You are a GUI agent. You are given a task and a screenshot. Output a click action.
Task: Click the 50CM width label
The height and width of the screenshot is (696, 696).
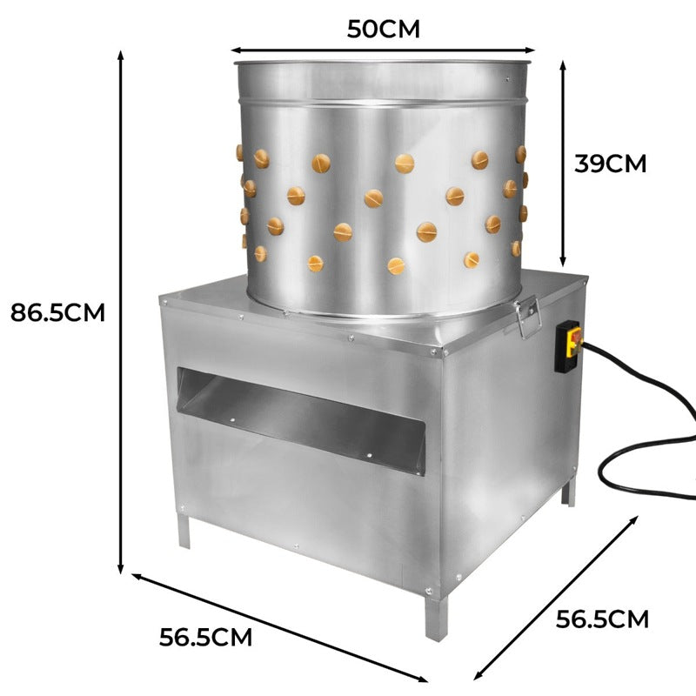coord(383,29)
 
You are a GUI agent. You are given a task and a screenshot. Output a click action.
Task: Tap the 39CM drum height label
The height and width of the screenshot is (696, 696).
coord(610,163)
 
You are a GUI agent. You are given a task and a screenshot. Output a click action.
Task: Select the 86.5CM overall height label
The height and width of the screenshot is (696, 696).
coord(57,311)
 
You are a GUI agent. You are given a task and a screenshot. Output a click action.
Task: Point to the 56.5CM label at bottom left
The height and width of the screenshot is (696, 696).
coord(205,637)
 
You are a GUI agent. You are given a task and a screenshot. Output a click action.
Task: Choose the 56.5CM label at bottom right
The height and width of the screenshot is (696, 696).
coord(602,619)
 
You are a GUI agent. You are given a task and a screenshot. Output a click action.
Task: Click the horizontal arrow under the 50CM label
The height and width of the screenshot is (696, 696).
coord(383,51)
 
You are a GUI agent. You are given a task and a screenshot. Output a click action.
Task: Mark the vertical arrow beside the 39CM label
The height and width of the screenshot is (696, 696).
coord(563,163)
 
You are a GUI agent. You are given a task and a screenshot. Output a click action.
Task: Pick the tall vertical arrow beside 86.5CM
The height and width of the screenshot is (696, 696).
coord(120,311)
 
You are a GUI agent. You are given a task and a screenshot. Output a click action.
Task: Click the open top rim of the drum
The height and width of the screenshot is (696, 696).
coord(383,64)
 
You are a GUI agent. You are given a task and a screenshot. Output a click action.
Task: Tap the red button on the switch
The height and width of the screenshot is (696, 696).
coord(572,335)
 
